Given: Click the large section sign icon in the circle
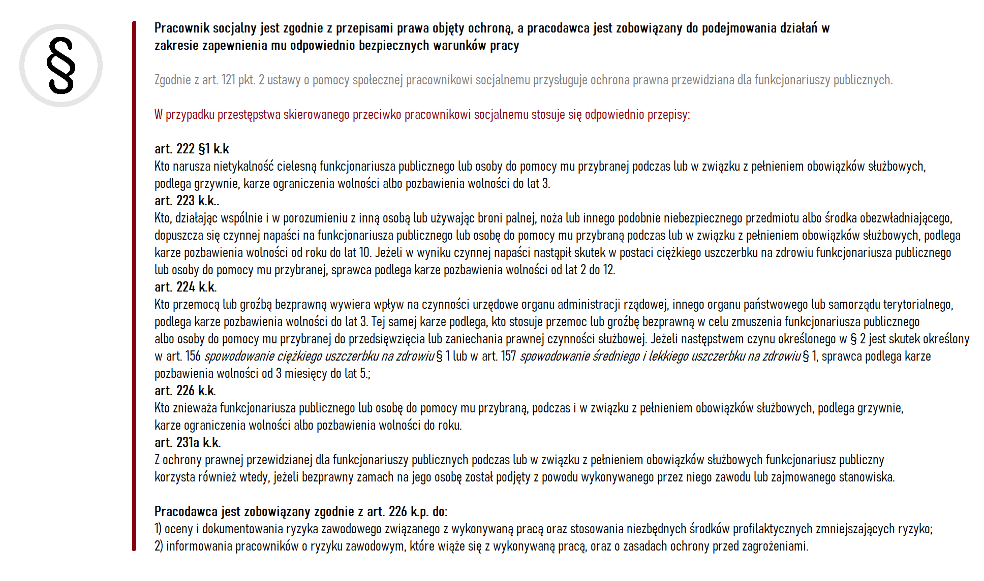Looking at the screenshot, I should (61, 66).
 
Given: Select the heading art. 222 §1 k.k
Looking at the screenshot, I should (192, 149).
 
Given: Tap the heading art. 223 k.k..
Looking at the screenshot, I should (187, 201).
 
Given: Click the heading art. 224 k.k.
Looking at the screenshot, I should (186, 287).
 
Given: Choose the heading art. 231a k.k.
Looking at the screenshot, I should (188, 442).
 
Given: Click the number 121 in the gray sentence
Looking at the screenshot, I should (228, 80).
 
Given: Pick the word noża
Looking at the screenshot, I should (551, 218).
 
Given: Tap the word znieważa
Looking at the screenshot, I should (193, 408).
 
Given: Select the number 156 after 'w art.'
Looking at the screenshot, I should (193, 356).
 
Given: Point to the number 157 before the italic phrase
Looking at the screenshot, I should (509, 356).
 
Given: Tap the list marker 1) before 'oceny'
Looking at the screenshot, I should (158, 529).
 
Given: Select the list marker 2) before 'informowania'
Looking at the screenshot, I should (159, 546).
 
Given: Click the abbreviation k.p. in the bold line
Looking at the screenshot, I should (420, 511).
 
